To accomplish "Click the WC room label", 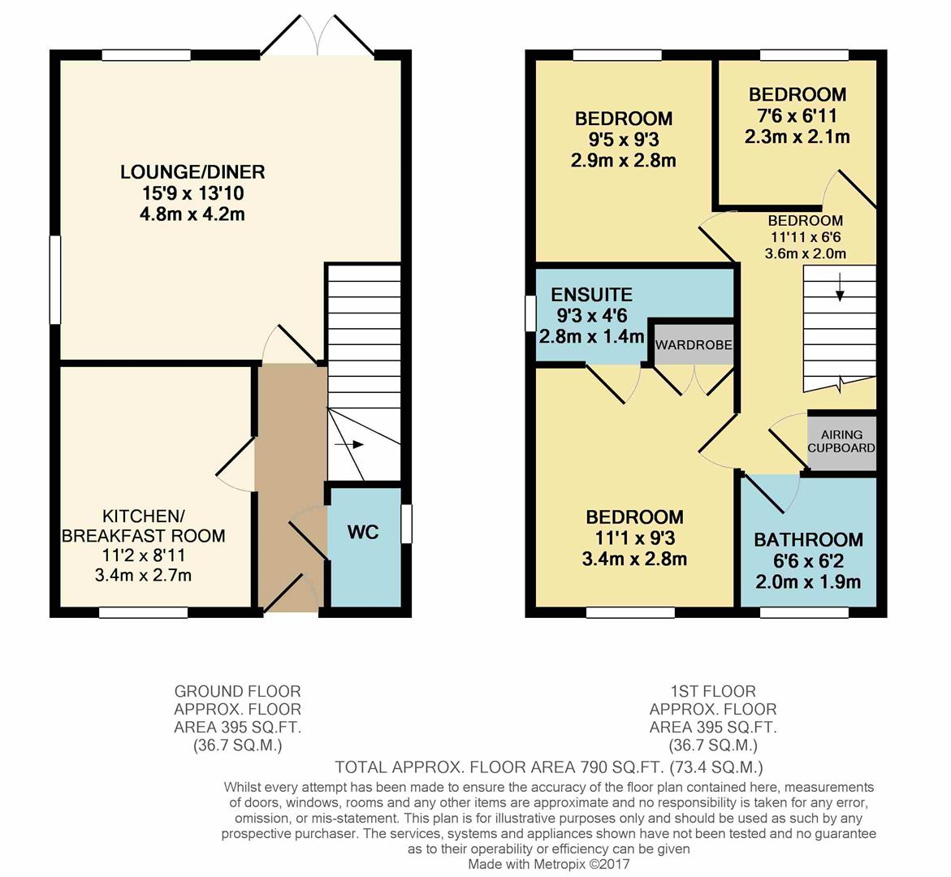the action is pos(363,533).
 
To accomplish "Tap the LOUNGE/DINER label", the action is pos(192,171).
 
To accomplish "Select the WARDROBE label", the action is pos(694,345).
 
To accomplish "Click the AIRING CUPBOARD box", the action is pos(842,442).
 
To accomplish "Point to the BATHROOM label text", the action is pos(808,540).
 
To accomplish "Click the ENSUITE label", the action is pos(592,295).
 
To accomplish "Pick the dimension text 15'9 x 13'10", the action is pos(192,193).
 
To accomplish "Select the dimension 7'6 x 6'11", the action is pos(798,115).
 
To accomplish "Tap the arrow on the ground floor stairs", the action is pos(348,444).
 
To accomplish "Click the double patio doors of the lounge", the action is pos(318,35).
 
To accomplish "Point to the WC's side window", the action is pos(407,524).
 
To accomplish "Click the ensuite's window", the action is pos(530,313).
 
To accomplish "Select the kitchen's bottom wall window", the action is pos(144,612).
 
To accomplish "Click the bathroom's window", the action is pos(804,612).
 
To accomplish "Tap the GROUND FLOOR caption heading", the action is pos(238,691).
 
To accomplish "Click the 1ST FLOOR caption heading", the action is pos(713,691).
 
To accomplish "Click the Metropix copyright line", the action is pos(549,864).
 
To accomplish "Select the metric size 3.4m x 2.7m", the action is pos(143,575).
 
